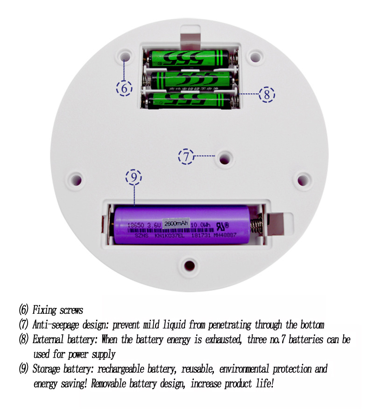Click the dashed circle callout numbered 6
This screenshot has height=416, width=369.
pyautogui.click(x=124, y=88)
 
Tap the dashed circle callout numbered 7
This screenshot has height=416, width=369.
pyautogui.click(x=186, y=156)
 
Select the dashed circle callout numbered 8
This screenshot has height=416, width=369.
pyautogui.click(x=267, y=94)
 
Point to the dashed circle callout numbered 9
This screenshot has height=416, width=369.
pyautogui.click(x=134, y=177)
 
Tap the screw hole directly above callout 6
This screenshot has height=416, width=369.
pyautogui.click(x=125, y=56)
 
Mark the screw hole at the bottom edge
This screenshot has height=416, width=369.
pyautogui.click(x=189, y=265)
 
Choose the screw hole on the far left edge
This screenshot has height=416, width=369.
pyautogui.click(x=75, y=179)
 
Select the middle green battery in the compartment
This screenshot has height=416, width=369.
pyautogui.click(x=192, y=79)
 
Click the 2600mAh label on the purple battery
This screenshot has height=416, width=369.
pyautogui.click(x=175, y=223)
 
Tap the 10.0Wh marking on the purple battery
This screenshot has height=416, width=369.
pyautogui.click(x=201, y=224)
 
